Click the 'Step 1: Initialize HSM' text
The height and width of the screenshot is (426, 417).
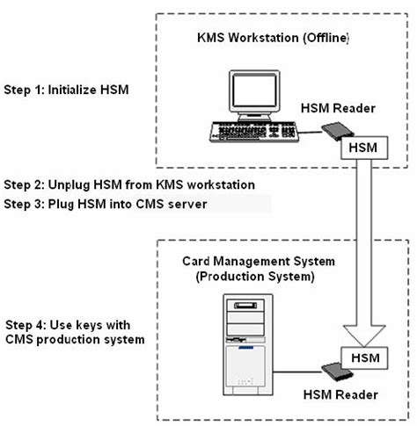coord(64,90)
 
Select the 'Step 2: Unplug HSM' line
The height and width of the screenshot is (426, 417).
coord(129,184)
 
